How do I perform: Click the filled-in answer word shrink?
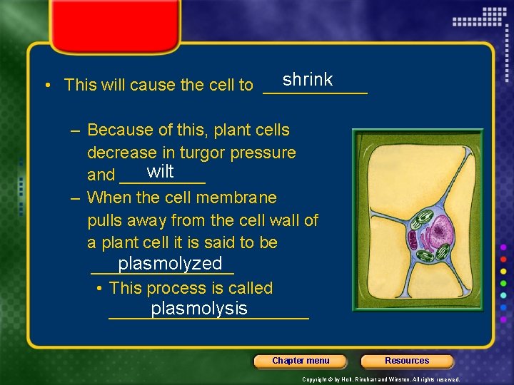point(307,79)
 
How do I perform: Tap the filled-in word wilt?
point(160,171)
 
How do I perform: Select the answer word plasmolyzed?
point(170,264)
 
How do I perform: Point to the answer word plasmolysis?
point(199,308)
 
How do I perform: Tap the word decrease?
point(121,153)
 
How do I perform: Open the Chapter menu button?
point(301,361)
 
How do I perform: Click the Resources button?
point(407,361)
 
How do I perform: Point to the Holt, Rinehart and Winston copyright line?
point(381,379)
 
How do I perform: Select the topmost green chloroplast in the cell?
point(423,215)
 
